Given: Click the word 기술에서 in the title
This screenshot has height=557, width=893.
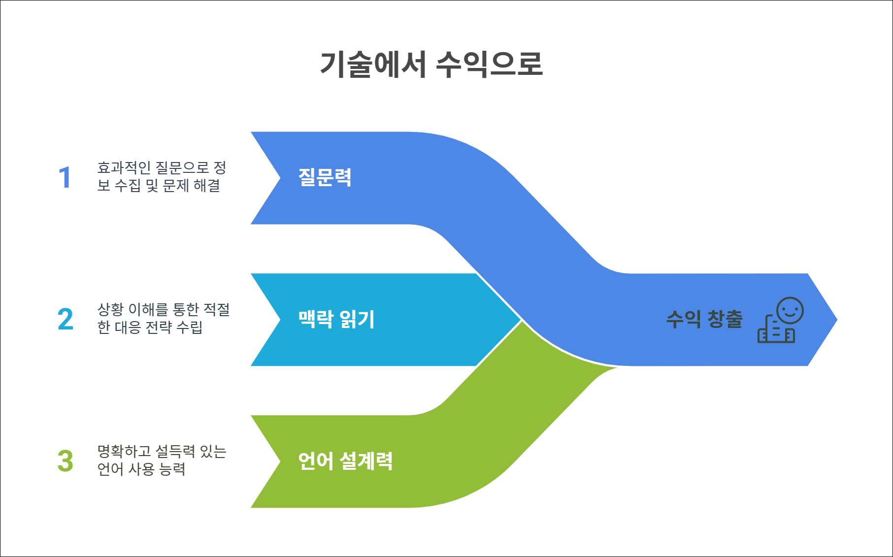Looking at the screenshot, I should [x=373, y=64].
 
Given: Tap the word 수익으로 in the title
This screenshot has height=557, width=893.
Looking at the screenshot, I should [x=489, y=64].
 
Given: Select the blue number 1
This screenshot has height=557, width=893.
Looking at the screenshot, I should [x=65, y=178].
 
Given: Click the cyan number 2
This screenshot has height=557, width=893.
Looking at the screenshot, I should [x=65, y=320].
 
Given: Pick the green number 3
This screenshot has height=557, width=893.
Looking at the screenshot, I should [x=65, y=461].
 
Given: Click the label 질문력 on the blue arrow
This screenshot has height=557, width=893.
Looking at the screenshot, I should [x=325, y=177].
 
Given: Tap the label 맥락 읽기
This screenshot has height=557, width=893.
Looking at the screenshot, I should [x=336, y=319].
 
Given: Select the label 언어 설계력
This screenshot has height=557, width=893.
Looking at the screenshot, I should [x=345, y=461].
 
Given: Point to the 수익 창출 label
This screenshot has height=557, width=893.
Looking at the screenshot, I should [x=704, y=319].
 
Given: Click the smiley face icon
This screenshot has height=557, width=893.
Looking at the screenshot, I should [x=790, y=311].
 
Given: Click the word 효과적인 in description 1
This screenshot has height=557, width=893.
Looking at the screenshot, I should [x=124, y=168].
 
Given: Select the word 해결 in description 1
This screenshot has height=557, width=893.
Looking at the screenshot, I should [x=207, y=186].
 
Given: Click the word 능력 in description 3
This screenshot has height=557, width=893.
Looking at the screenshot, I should [x=172, y=469].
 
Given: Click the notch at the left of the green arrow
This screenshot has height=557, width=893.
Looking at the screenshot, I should [x=279, y=461].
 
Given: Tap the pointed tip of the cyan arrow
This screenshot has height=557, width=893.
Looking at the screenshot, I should [x=521, y=320].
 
